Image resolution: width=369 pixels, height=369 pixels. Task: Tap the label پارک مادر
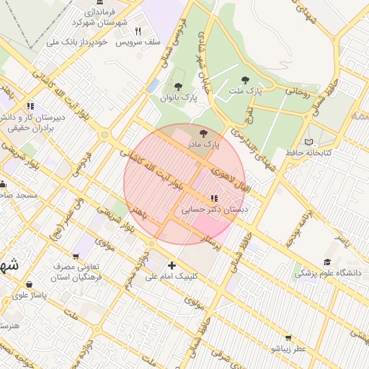click(203, 145)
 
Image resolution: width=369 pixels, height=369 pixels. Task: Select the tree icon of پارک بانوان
click(177, 86)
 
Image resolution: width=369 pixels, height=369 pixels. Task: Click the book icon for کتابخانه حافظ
click(309, 142)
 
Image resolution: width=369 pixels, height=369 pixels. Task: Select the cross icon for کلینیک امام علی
click(172, 265)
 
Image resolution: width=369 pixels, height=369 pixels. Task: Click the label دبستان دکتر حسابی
click(213, 208)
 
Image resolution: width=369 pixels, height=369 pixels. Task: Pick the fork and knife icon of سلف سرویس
click(138, 32)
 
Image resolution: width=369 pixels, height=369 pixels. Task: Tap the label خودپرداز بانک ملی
click(76, 43)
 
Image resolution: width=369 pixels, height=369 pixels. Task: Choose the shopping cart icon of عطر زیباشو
click(288, 337)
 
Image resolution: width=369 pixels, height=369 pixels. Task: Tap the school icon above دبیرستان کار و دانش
click(30, 106)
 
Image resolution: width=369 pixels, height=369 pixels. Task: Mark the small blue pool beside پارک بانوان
click(152, 86)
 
